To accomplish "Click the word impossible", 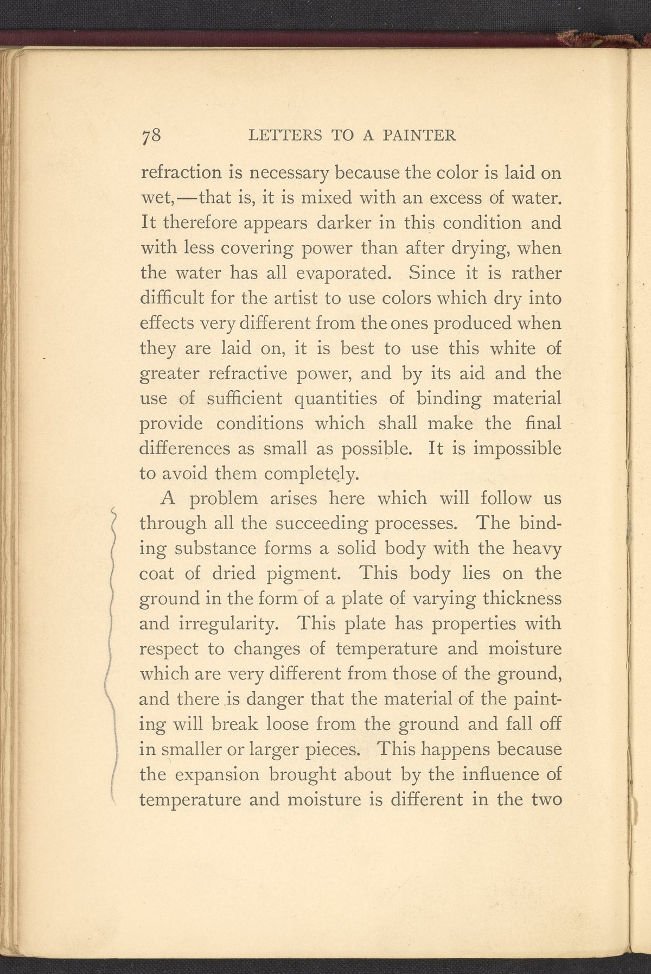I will (518, 449).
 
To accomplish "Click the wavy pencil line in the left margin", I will (112, 651).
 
